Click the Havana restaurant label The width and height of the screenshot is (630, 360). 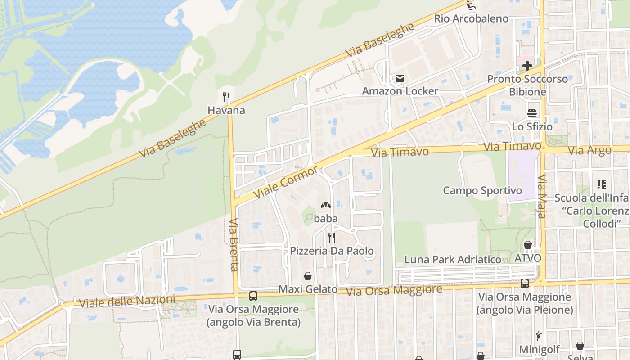226,110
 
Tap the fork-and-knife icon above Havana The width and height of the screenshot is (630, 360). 227,97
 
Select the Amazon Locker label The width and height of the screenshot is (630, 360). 400,91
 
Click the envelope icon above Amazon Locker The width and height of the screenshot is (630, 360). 400,79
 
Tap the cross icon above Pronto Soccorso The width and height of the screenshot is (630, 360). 527,66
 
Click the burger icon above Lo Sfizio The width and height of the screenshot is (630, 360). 532,113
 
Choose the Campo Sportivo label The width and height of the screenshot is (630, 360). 482,190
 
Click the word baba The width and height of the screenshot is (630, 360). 326,219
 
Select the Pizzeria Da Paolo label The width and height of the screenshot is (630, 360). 332,251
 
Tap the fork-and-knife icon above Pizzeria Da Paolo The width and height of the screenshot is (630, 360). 332,237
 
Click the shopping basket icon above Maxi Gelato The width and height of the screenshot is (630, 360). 308,275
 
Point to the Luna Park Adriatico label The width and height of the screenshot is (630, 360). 453,260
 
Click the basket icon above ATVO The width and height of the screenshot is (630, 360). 528,245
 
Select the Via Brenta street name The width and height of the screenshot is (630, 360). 234,245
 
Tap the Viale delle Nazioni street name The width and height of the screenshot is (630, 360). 127,301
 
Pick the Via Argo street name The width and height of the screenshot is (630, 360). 589,150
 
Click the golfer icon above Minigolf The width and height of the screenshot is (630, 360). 539,336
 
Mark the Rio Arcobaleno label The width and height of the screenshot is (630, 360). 471,19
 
